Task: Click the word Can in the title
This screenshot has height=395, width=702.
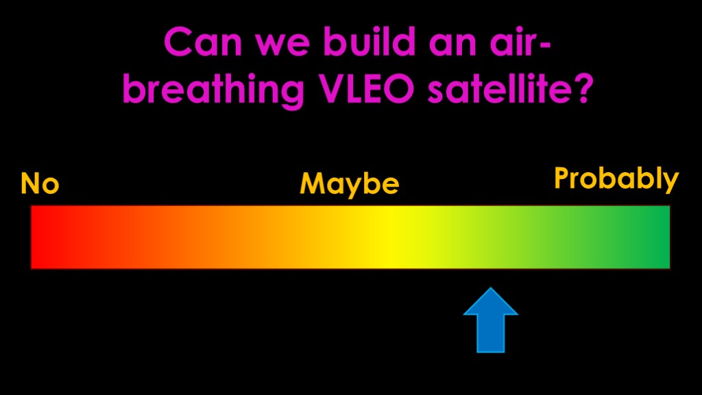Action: pyautogui.click(x=203, y=42)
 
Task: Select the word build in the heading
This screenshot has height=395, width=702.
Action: pyautogui.click(x=370, y=40)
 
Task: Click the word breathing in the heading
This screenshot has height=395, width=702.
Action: pyautogui.click(x=214, y=89)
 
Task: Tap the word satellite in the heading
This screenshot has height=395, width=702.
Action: pyautogui.click(x=499, y=88)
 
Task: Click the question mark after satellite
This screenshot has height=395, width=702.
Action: pyautogui.click(x=584, y=88)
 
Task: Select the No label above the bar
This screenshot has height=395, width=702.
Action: pyautogui.click(x=40, y=183)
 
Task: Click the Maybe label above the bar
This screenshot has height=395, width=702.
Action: pyautogui.click(x=349, y=184)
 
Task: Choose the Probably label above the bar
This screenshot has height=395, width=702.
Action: pyautogui.click(x=616, y=179)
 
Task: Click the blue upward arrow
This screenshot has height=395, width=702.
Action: pyautogui.click(x=491, y=320)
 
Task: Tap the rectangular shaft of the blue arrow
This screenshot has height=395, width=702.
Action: pyautogui.click(x=491, y=334)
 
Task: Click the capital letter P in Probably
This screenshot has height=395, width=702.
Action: pyautogui.click(x=563, y=178)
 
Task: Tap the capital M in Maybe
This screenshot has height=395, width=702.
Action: pyautogui.click(x=312, y=184)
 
